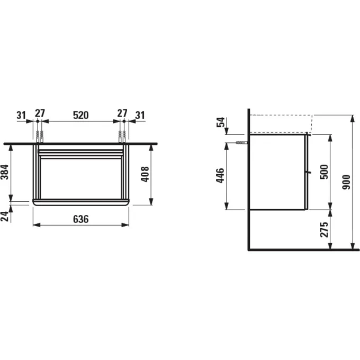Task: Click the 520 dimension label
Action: click(x=81, y=115)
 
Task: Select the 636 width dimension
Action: click(x=81, y=219)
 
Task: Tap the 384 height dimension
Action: click(x=5, y=172)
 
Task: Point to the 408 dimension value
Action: click(x=145, y=174)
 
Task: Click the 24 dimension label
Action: click(x=5, y=217)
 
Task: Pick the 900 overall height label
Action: click(x=346, y=182)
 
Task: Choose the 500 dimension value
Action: click(x=325, y=172)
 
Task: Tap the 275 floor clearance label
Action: click(x=325, y=230)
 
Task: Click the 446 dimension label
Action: click(x=220, y=175)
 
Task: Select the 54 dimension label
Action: click(x=221, y=122)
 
